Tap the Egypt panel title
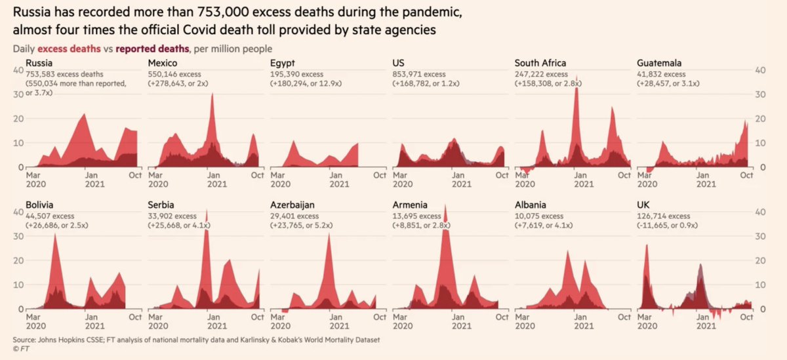(283, 64)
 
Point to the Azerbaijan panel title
(292, 205)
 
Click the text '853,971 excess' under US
(420, 74)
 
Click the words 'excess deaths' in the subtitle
(69, 49)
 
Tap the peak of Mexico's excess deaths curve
(212, 94)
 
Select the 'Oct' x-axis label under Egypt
(379, 176)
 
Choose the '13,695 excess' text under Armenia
(420, 216)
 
